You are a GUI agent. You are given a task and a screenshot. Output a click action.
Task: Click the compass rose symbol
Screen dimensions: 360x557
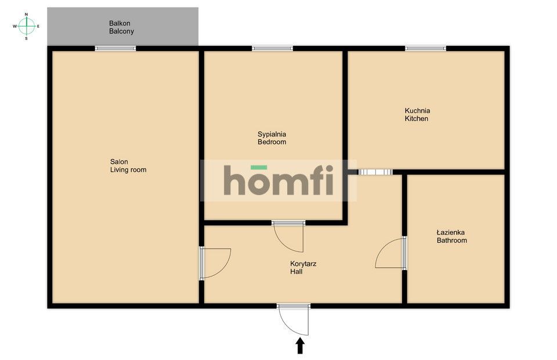point(26,26)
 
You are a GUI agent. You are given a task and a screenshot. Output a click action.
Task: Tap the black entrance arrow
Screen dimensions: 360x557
point(300,346)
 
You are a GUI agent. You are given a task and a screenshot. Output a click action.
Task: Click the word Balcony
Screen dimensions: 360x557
point(122,31)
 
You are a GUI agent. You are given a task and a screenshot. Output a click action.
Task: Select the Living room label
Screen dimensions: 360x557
point(128,170)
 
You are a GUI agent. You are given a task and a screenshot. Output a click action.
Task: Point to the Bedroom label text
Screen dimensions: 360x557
point(272,142)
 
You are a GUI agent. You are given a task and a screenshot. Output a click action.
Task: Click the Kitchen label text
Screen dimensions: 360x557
point(417,119)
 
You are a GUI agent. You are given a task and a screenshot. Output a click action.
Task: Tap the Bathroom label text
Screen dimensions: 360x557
point(452,240)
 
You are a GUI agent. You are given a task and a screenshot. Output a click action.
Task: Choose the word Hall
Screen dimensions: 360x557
point(296,271)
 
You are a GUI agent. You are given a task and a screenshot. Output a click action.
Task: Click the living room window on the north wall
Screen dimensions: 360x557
point(115,48)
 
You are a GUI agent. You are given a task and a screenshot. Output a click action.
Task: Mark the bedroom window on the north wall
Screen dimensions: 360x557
point(272,48)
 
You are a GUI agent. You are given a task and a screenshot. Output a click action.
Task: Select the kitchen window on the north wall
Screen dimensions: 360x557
point(425,48)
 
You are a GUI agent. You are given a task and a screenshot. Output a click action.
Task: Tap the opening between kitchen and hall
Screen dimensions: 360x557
point(375,172)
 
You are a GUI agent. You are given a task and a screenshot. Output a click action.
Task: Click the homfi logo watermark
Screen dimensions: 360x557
point(278,181)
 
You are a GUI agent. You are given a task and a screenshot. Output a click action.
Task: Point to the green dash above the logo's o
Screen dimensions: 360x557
point(259,167)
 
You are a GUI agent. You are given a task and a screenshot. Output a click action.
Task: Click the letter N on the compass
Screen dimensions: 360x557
point(26,14)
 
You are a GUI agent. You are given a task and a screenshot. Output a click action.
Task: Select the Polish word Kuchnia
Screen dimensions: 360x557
point(417,110)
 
